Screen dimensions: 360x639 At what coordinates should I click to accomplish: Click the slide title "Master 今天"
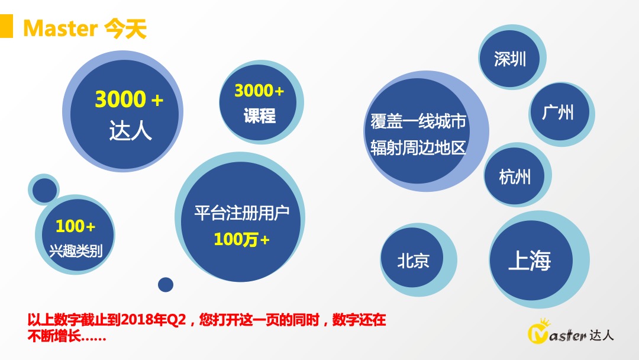pos(85,27)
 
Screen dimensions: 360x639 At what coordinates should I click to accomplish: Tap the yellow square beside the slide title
pos(6,27)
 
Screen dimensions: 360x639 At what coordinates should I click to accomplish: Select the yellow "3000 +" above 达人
pos(129,100)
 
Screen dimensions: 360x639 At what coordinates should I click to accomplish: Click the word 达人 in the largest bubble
pos(130,131)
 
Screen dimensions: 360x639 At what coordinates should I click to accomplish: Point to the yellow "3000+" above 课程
pos(259,91)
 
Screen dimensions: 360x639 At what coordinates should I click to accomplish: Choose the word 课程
pos(259,116)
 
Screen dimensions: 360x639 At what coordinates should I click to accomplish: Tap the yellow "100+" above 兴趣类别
pos(75,226)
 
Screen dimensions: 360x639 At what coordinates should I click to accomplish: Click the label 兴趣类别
pos(75,250)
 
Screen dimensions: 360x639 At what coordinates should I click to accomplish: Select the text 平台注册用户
pos(241,213)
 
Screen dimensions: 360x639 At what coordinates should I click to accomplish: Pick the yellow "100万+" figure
pos(241,239)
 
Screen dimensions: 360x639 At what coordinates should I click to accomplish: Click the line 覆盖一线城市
pos(418,122)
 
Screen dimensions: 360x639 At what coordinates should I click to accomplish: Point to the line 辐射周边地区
pos(418,147)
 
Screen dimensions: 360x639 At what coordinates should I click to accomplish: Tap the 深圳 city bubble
pos(509,59)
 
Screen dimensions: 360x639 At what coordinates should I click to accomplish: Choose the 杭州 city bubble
pos(515,176)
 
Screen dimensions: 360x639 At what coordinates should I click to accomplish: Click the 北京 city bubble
pos(413,261)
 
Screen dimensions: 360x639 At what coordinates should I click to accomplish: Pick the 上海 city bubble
pos(530,261)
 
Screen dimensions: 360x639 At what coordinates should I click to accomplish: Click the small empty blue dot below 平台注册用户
pos(166,285)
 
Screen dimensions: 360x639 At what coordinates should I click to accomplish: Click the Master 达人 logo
pos(570,334)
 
